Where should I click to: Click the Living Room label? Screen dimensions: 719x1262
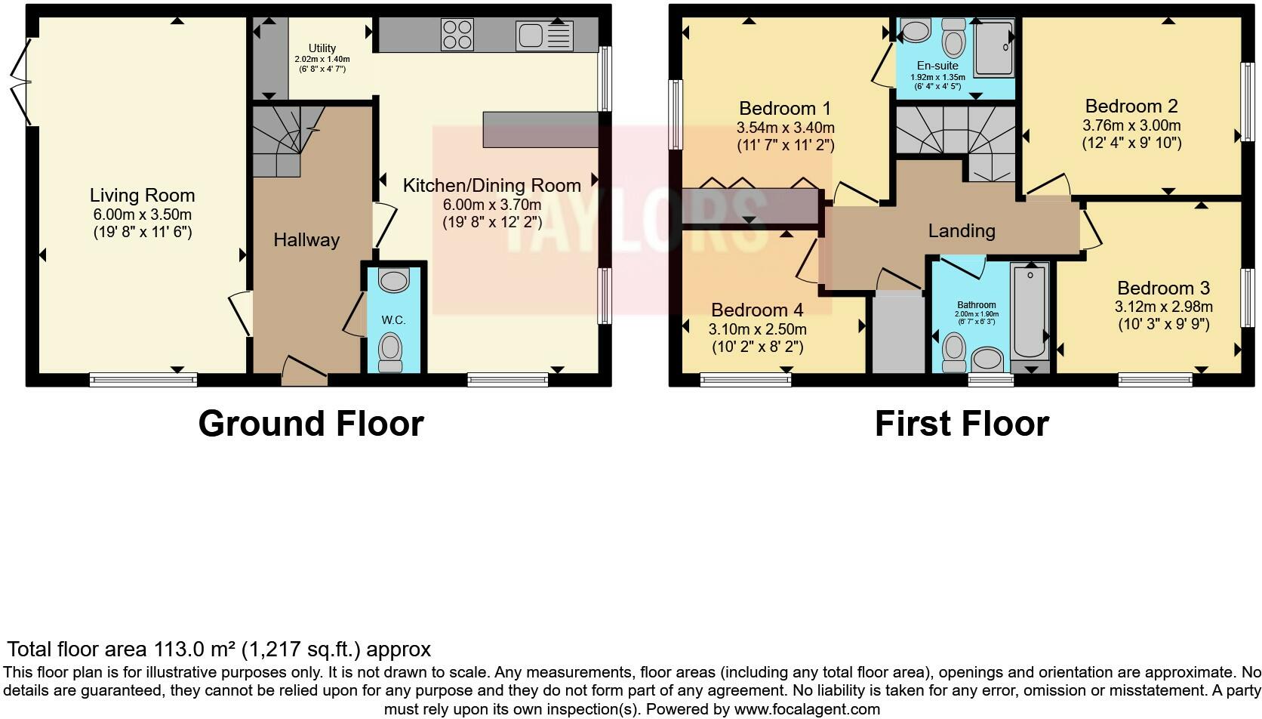(142, 196)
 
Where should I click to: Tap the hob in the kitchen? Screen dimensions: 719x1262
(457, 35)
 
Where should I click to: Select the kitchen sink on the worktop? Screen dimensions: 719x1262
(544, 35)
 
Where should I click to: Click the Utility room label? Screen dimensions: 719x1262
(322, 48)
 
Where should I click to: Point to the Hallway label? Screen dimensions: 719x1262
(306, 240)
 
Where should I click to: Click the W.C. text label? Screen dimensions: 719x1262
(393, 320)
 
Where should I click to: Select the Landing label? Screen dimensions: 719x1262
(962, 231)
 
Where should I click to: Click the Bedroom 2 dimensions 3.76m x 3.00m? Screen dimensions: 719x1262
(1131, 125)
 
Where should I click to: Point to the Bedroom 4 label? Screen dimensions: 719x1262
(757, 310)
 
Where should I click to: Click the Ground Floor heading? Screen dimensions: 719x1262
(311, 424)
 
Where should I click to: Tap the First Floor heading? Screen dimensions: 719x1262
(962, 424)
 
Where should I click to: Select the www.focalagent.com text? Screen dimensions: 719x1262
(807, 709)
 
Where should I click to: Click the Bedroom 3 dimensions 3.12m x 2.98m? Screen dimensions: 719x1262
(1163, 307)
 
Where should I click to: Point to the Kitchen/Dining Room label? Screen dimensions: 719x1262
(491, 186)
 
